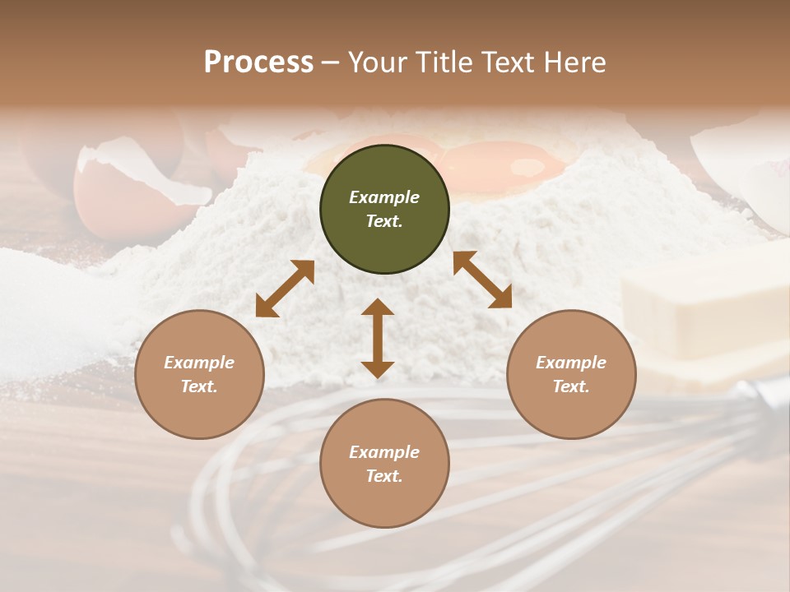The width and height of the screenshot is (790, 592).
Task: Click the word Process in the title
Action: coord(258,62)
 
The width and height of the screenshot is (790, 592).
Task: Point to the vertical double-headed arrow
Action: coord(378,338)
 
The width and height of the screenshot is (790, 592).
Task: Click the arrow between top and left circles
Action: coord(285,289)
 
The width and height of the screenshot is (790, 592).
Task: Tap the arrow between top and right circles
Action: coord(482,280)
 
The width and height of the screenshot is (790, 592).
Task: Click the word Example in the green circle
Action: coord(384,197)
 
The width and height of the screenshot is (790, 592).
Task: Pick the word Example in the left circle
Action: coord(199,363)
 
